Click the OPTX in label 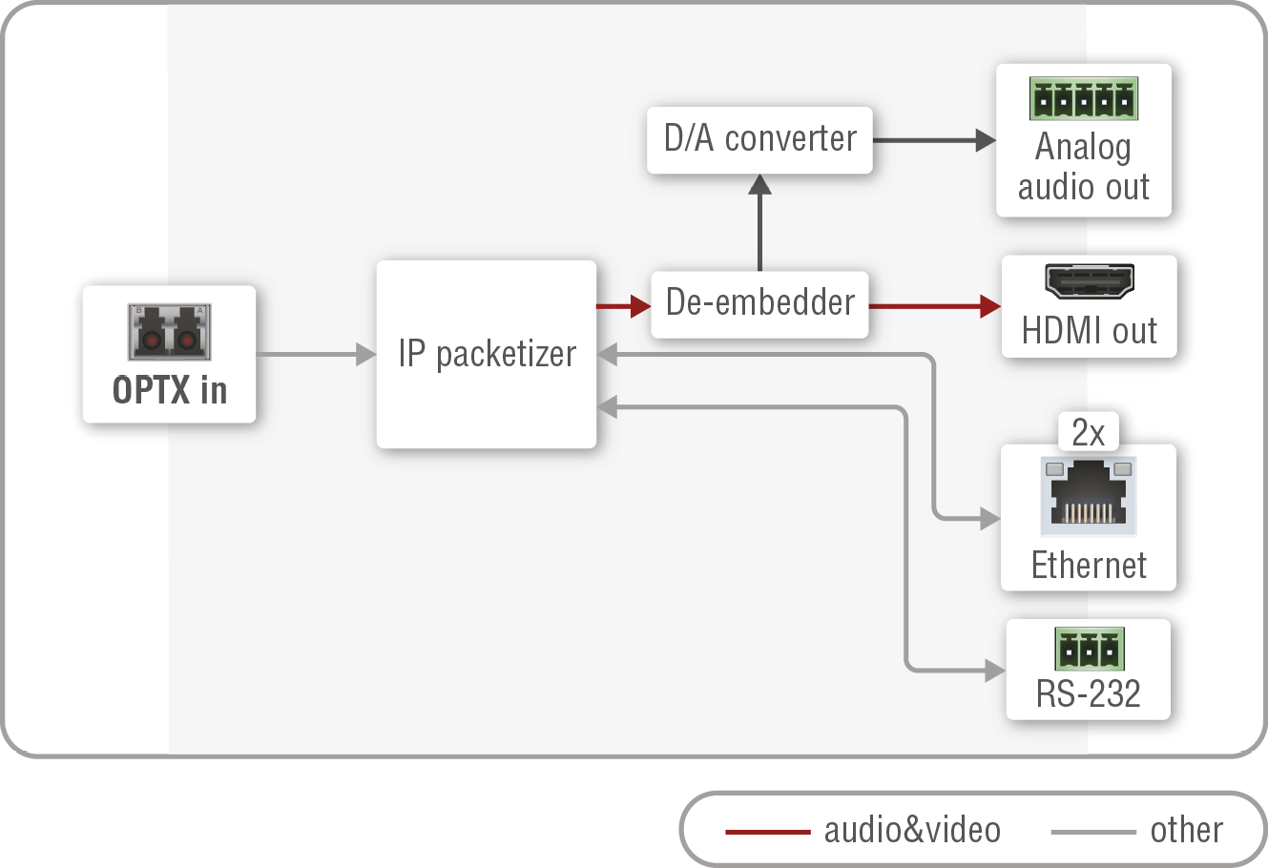[170, 390]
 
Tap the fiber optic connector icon [170, 331]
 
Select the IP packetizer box [487, 354]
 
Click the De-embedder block [759, 303]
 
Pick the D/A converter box [759, 139]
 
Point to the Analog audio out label [1083, 167]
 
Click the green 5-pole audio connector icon [1083, 98]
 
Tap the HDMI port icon [1089, 281]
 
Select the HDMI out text [1089, 331]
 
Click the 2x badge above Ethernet [1088, 433]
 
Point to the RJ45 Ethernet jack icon [1089, 496]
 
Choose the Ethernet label [1089, 565]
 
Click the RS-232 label [1088, 693]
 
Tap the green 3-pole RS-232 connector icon [1089, 649]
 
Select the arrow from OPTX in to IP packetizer [315, 355]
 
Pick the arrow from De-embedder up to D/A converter [759, 224]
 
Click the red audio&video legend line [767, 832]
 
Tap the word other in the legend [1186, 830]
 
